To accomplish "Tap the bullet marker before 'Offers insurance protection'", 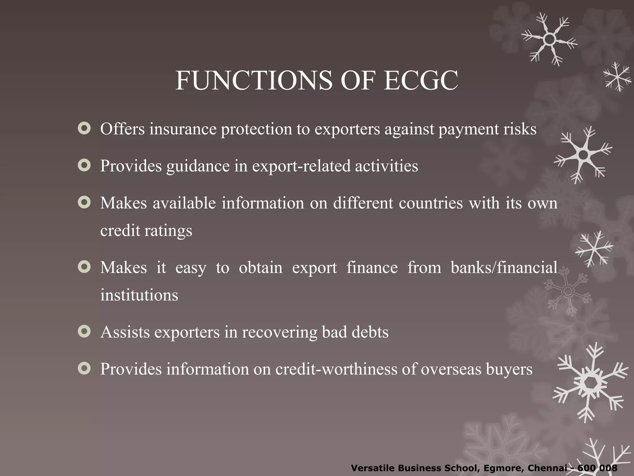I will [84, 128].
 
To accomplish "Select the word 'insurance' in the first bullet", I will [183, 129].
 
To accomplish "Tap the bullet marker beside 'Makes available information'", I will [84, 203].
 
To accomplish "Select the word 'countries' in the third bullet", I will [431, 203].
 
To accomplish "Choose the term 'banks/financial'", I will [504, 267].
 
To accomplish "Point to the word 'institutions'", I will [139, 295].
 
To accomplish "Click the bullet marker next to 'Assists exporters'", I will [84, 331].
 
